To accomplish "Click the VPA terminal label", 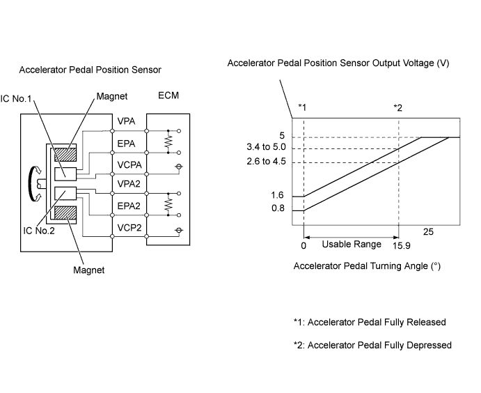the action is (x=126, y=121).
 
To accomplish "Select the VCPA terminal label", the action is (x=129, y=165).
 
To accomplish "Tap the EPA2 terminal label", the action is (x=129, y=206).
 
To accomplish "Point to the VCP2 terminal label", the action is (x=129, y=228).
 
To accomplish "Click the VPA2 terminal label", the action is (x=129, y=183).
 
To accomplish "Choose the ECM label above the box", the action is (x=168, y=95).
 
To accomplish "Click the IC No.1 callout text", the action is (x=16, y=98).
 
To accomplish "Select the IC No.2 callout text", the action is (x=39, y=231).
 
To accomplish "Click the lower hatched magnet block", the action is (x=65, y=213).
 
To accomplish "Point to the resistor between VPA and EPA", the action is (x=168, y=141).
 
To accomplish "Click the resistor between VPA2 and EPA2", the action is (x=168, y=204).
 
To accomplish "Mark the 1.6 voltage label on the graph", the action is (x=277, y=195).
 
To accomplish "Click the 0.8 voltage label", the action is (x=278, y=208).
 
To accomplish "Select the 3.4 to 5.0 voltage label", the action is (x=266, y=147).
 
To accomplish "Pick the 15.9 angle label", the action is (x=402, y=245).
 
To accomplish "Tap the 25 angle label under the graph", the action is (x=428, y=231).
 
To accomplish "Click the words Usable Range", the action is (x=352, y=244).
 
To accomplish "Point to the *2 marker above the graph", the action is (x=398, y=108).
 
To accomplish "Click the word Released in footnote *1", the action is (x=426, y=322).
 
